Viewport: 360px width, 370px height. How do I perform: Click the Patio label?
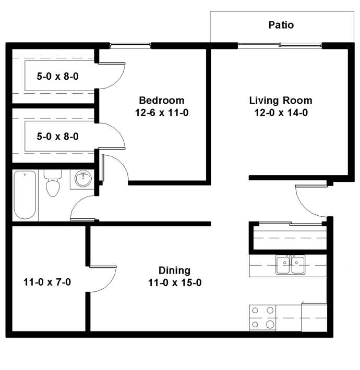pos(281,25)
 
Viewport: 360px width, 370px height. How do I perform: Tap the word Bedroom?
pos(162,101)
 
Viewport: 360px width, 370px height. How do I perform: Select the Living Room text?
pos(281,101)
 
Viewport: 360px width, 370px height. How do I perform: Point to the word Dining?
pos(174,270)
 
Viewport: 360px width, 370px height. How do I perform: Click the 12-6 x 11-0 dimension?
pos(162,113)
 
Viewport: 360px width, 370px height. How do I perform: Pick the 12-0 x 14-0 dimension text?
pos(281,113)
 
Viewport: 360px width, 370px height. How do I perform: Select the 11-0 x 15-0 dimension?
pos(175,282)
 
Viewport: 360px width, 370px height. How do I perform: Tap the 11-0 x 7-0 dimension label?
pos(47,282)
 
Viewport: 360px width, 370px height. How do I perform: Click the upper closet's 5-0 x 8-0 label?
pos(57,77)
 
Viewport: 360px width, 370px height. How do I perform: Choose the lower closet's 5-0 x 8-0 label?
pos(57,137)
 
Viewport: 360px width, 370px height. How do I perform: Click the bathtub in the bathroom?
pos(25,195)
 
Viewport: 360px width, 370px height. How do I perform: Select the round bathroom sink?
pos(83,179)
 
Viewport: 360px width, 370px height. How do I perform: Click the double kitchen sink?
pos(290,265)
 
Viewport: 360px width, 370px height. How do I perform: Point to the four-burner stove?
pos(262,317)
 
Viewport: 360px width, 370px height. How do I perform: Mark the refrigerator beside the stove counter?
pos(314,317)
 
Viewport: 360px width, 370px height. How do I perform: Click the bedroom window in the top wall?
pos(130,46)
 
